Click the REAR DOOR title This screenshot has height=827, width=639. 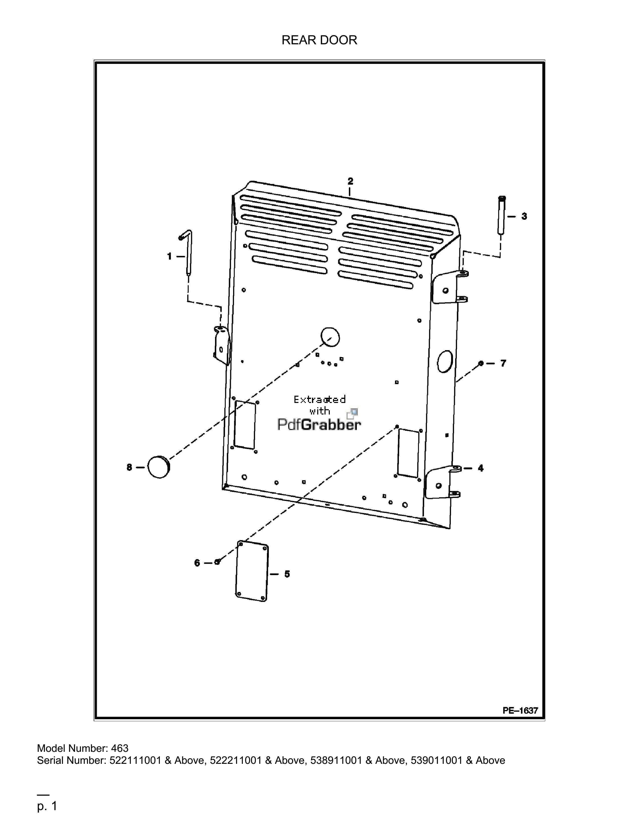(x=319, y=40)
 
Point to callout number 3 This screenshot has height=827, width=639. (x=524, y=216)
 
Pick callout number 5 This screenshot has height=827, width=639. (x=287, y=574)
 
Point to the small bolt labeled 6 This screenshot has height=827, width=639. (x=217, y=562)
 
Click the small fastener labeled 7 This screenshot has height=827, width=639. (x=481, y=364)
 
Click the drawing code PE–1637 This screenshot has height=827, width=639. (x=520, y=710)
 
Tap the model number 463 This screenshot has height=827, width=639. (x=120, y=749)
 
